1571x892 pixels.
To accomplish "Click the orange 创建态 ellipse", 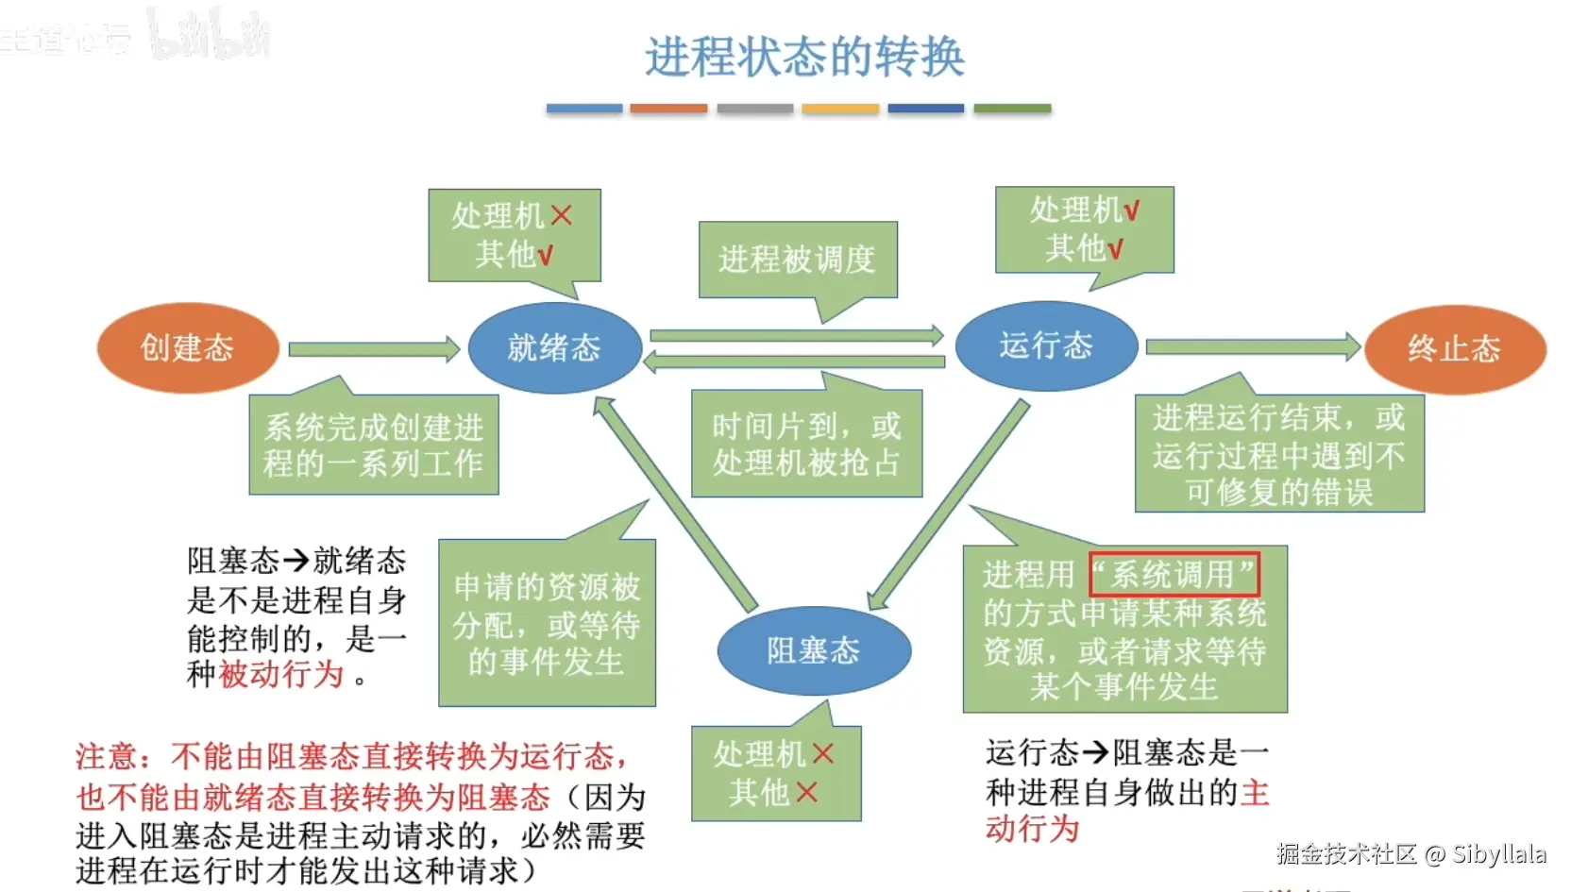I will pyautogui.click(x=188, y=347).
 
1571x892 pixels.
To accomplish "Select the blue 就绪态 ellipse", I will pyautogui.click(x=554, y=347).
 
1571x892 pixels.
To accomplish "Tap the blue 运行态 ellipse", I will pyautogui.click(x=1046, y=345).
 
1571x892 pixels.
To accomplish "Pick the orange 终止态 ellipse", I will pyautogui.click(x=1454, y=348).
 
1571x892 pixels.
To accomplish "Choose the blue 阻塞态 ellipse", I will pyautogui.click(x=813, y=650).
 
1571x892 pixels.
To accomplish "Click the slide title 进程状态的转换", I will pyautogui.click(x=804, y=57).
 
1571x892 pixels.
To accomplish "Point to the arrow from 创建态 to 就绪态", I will pyautogui.click(x=373, y=349).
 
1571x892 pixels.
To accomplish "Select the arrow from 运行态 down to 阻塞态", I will pyautogui.click(x=949, y=505).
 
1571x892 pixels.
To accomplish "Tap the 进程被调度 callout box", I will pyautogui.click(x=798, y=259).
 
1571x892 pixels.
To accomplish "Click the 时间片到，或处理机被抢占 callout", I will pyautogui.click(x=806, y=444).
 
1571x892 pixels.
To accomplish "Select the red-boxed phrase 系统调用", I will pyautogui.click(x=1174, y=574).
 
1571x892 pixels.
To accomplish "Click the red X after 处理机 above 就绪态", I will pyautogui.click(x=562, y=215).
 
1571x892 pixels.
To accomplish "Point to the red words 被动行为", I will pyautogui.click(x=281, y=674).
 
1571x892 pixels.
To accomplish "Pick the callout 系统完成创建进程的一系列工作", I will pyautogui.click(x=374, y=445).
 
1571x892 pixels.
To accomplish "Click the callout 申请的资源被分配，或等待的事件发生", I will pyautogui.click(x=547, y=623).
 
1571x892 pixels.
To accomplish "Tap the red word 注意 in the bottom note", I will pyautogui.click(x=106, y=756).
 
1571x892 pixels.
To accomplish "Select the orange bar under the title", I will pyautogui.click(x=668, y=109).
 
